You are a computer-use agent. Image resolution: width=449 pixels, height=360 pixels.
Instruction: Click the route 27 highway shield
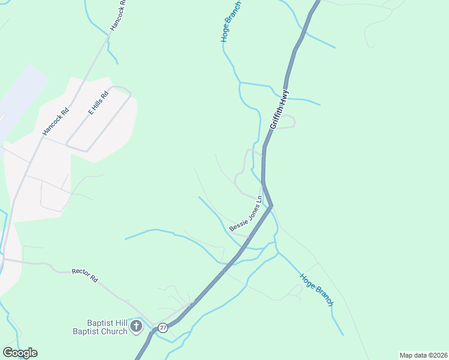[163, 327]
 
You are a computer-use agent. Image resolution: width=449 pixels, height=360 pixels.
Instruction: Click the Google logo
[20, 352]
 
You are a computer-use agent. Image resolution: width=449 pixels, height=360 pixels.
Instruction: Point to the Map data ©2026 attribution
[423, 355]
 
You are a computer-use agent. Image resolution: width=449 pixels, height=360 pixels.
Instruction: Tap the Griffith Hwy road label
[280, 109]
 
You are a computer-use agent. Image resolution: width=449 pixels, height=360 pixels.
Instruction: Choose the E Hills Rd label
[98, 103]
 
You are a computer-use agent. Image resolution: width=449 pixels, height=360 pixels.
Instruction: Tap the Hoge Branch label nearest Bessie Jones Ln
[316, 290]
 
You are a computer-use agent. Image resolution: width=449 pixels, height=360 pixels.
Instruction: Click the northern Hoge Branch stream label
[231, 23]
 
